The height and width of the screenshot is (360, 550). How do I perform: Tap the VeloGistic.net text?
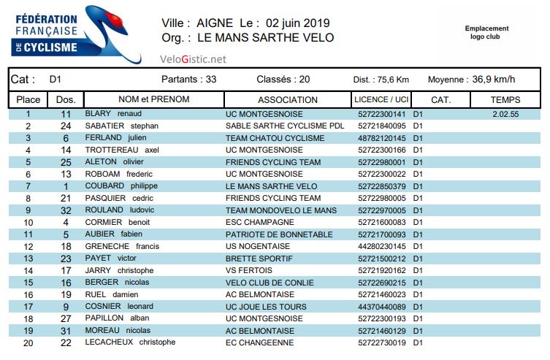(193, 59)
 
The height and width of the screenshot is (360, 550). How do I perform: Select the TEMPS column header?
(505, 99)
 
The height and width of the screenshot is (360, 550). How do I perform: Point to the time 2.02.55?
(505, 115)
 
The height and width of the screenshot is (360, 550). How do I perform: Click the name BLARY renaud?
(112, 115)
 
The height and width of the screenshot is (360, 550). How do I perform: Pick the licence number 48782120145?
(381, 138)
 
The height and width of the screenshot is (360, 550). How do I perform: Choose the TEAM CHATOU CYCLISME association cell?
(275, 138)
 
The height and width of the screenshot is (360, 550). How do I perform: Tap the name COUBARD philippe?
(117, 186)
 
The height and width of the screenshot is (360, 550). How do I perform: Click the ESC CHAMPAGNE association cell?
(262, 222)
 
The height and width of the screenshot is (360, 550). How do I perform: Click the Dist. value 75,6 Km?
(392, 80)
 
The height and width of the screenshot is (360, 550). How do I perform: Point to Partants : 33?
(188, 79)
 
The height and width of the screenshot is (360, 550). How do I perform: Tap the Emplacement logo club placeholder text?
(486, 32)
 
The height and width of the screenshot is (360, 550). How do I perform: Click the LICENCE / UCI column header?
(381, 99)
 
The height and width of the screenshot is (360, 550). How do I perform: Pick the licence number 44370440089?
(381, 307)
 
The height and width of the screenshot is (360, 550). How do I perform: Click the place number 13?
(28, 258)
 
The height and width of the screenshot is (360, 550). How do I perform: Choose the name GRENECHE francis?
(122, 246)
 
